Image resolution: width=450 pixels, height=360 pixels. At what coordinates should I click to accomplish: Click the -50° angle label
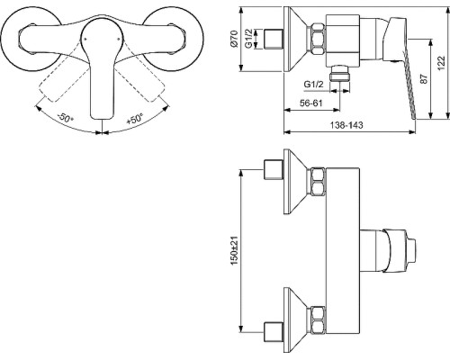[66, 117]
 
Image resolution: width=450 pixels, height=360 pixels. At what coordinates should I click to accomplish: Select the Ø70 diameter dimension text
[234, 39]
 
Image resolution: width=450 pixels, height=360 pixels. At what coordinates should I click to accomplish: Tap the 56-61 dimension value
[311, 103]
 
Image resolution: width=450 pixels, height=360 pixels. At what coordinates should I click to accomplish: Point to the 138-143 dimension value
[346, 125]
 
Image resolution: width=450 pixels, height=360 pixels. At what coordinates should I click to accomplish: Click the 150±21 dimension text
[234, 250]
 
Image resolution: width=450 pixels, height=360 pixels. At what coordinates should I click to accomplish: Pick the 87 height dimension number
[424, 79]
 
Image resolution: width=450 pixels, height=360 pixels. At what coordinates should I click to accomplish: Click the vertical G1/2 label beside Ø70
[248, 39]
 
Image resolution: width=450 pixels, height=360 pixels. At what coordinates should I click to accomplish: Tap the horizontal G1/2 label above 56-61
[314, 85]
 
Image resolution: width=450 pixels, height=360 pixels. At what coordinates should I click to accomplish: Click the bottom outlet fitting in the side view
[339, 73]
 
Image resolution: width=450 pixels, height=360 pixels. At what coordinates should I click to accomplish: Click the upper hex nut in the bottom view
[319, 182]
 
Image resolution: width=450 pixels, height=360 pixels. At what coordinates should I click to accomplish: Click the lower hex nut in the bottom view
[319, 319]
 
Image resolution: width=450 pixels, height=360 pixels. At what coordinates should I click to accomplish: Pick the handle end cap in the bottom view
[411, 251]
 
